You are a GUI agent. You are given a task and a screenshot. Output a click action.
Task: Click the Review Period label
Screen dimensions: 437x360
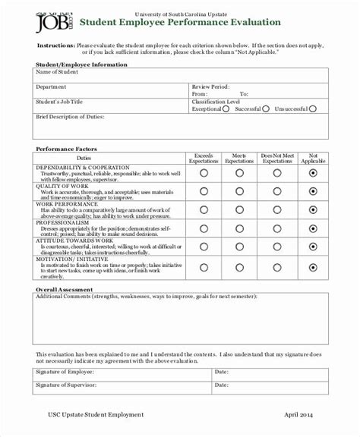tap(212, 87)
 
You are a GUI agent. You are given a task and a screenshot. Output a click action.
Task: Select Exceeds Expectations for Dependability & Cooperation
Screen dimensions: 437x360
tap(204, 173)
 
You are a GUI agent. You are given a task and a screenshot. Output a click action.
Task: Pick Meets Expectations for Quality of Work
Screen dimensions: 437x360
tap(239, 191)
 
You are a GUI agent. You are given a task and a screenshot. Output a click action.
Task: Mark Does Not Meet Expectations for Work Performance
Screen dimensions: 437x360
tap(276, 209)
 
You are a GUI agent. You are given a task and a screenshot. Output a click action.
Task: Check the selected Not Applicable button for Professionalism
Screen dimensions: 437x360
tap(313, 228)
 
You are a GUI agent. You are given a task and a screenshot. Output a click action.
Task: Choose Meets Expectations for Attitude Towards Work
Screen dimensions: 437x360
tap(239, 247)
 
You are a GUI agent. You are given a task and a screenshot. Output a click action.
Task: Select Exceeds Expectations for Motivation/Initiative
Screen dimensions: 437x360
tap(204, 266)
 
